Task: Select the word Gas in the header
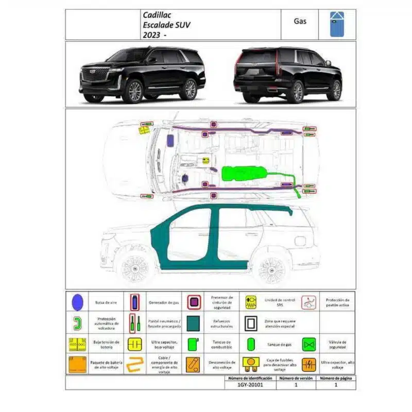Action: pos(300,21)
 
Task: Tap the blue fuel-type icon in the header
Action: pos(337,24)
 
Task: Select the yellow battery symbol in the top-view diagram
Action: pos(144,129)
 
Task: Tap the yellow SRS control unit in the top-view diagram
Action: pos(206,161)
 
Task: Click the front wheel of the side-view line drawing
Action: pos(135,267)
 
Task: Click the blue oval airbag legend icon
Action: pos(77,301)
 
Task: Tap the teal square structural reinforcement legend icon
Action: pos(193,323)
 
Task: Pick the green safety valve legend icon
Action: pos(310,344)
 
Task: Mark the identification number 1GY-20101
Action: pos(249,384)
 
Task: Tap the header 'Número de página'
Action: pos(336,378)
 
